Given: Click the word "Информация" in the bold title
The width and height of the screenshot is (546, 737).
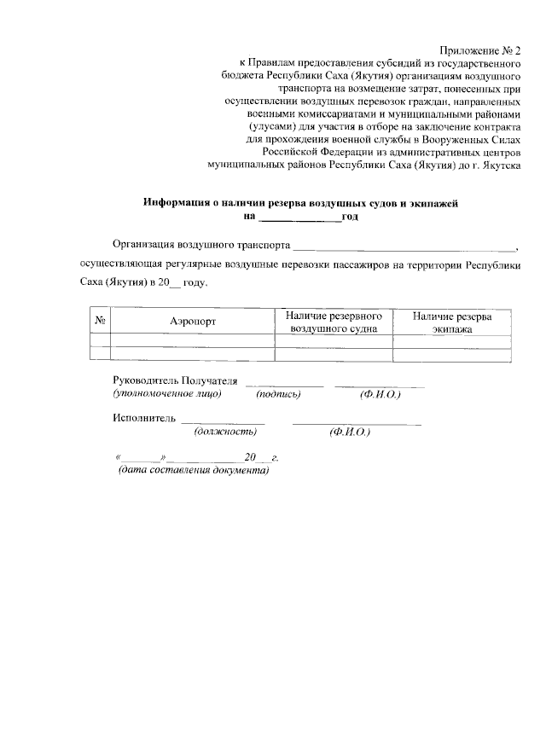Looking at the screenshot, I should click(x=177, y=203).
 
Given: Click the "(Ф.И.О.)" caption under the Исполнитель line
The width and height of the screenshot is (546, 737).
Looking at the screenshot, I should click(x=349, y=432).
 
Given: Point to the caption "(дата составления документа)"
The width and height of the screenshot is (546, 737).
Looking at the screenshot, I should click(x=193, y=471).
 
